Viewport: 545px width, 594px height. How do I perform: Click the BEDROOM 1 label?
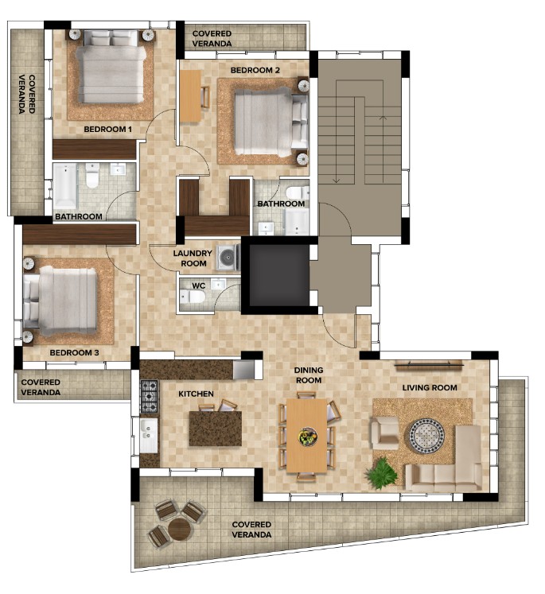[107, 129]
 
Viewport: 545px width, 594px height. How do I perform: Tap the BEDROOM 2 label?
[255, 70]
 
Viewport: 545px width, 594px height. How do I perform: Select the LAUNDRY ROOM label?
[193, 258]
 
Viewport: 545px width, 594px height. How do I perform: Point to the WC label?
[199, 285]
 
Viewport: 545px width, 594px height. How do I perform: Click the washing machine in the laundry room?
[228, 258]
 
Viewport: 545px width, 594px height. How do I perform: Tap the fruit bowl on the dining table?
[308, 437]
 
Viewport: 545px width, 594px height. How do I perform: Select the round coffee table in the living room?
[426, 436]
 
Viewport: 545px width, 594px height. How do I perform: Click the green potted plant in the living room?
[381, 473]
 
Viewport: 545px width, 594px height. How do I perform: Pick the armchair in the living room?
[384, 433]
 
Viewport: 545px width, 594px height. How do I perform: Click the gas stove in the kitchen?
[149, 396]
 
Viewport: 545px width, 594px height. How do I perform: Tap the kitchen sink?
[149, 435]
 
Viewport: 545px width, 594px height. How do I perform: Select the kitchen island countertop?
[216, 428]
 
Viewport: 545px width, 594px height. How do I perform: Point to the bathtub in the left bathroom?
[64, 186]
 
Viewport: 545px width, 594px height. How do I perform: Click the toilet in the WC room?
[193, 297]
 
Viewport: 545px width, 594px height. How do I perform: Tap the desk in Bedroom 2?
[190, 96]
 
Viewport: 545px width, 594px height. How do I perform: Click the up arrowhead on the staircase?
[383, 118]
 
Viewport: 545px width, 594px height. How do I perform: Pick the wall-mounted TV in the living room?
[429, 365]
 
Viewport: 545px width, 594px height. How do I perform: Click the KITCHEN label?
[196, 394]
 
